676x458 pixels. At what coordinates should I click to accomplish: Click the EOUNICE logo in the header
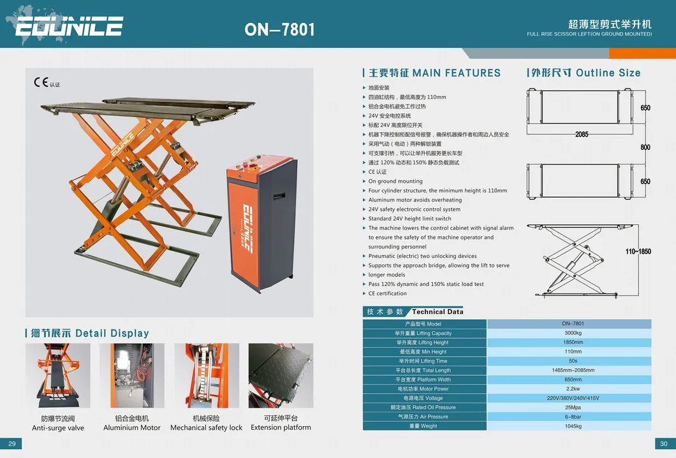[x=69, y=26]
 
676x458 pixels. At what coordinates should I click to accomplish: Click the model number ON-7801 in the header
[x=279, y=29]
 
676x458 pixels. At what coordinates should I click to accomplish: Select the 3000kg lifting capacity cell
[x=569, y=333]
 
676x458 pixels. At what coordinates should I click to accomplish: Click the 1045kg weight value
[x=569, y=426]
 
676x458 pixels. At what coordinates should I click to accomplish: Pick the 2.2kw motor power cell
[x=569, y=389]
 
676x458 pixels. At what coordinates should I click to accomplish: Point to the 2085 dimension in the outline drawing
[x=581, y=134]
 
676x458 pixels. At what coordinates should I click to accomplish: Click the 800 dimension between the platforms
[x=645, y=147]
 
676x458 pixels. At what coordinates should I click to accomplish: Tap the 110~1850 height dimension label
[x=638, y=252]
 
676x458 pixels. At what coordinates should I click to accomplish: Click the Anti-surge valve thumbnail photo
[x=57, y=376]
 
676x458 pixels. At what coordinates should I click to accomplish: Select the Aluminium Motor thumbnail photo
[x=132, y=376]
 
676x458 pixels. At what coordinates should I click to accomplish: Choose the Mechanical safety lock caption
[x=206, y=427]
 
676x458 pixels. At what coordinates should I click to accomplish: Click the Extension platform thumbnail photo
[x=281, y=376]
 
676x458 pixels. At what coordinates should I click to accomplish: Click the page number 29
[x=12, y=444]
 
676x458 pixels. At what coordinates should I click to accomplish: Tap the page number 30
[x=663, y=444]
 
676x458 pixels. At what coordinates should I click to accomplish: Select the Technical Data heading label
[x=437, y=312]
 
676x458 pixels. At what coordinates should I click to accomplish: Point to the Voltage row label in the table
[x=424, y=398]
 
